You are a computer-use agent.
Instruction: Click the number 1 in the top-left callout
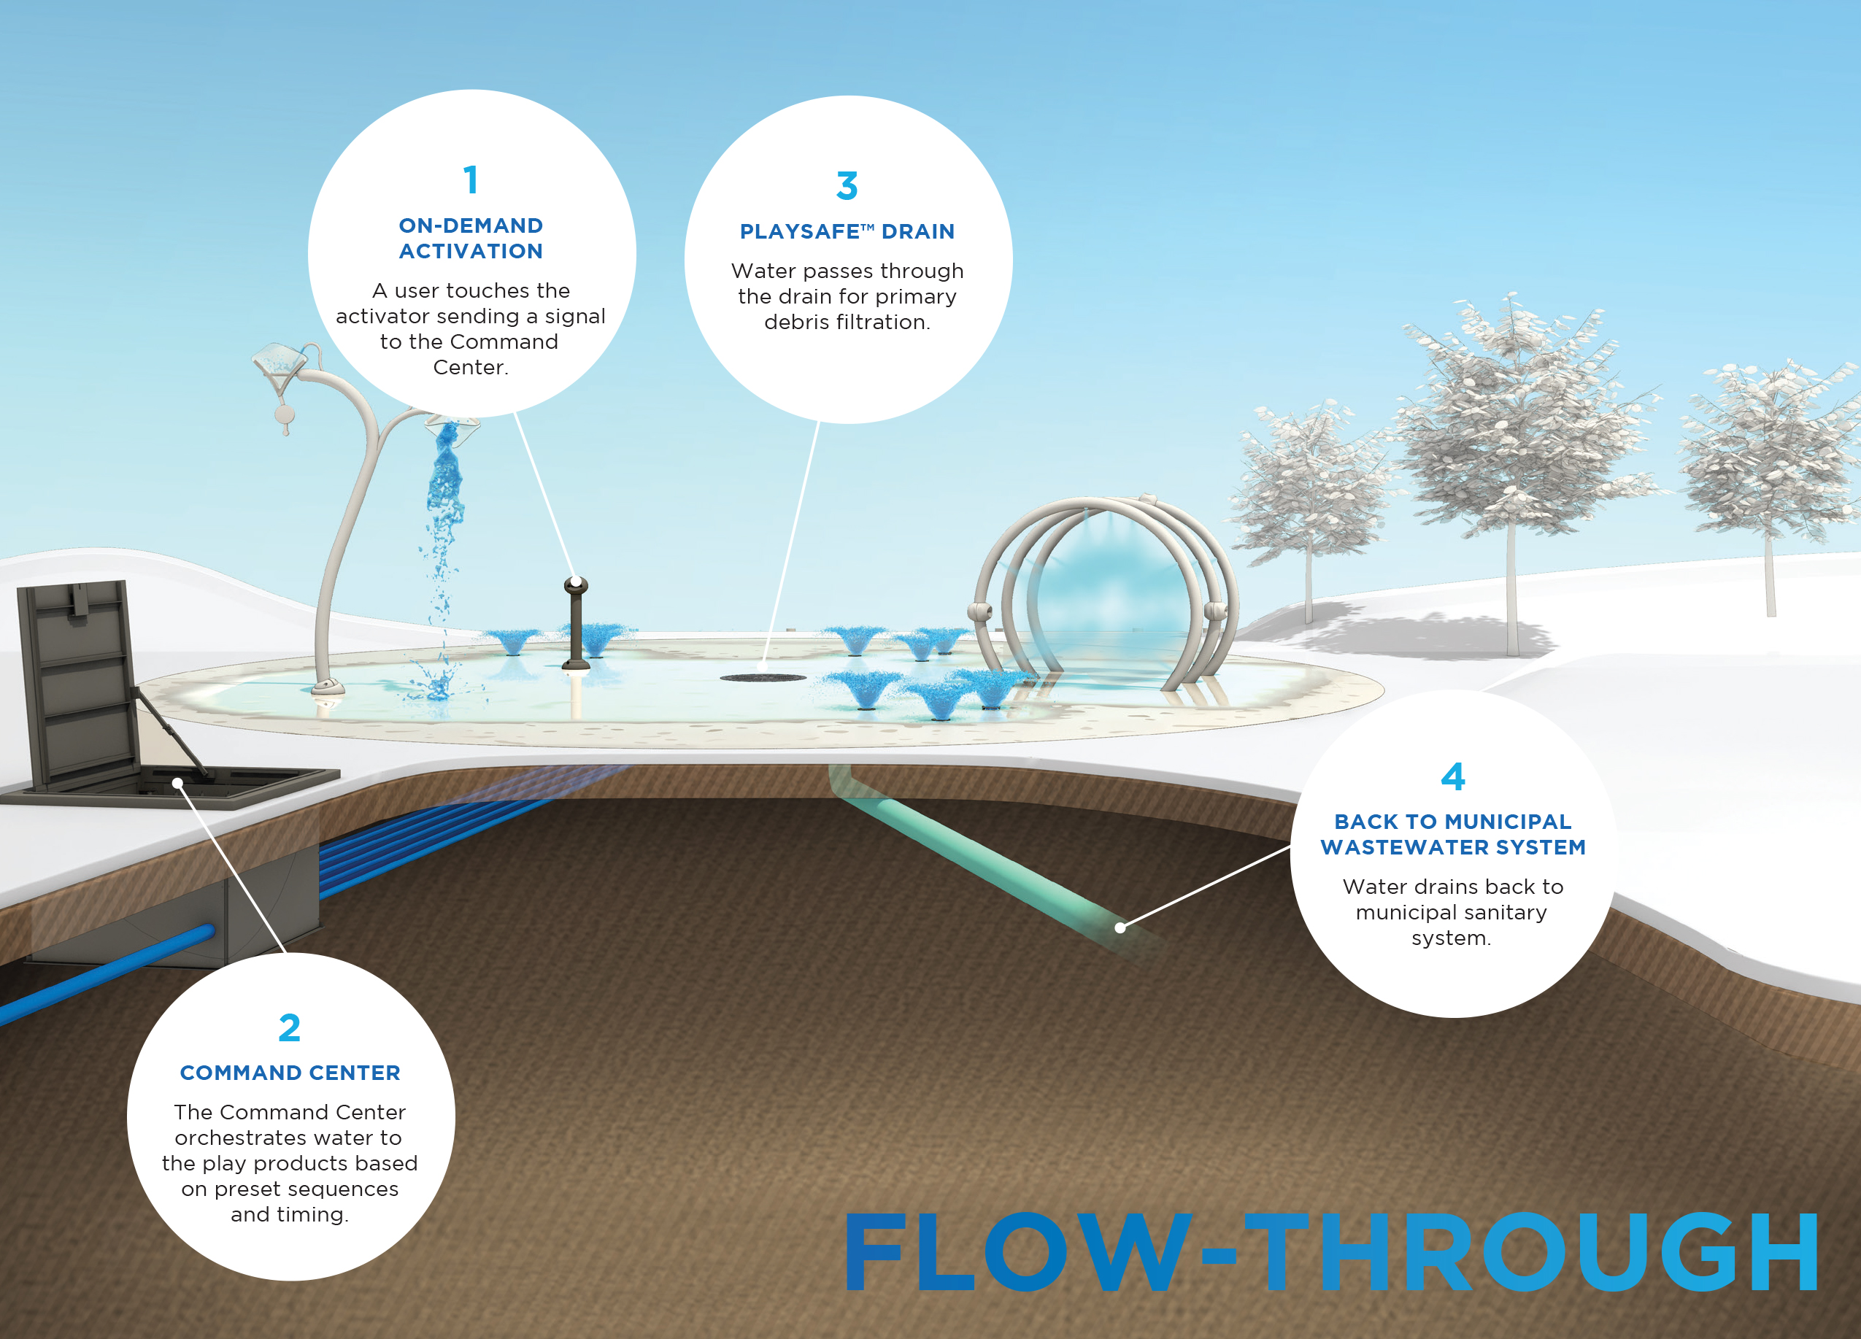point(471,180)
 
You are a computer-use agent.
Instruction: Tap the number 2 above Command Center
point(290,1028)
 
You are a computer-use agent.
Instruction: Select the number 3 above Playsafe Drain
point(847,186)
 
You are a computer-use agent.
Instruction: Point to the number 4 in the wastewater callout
point(1452,776)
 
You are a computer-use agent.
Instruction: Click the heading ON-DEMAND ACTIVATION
point(471,238)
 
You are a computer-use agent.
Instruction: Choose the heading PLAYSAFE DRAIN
point(847,231)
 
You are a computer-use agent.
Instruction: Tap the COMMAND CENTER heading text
point(290,1073)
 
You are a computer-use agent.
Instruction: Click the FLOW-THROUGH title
point(1333,1252)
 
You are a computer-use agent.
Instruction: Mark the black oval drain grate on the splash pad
point(763,678)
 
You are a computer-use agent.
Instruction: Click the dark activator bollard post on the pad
point(576,622)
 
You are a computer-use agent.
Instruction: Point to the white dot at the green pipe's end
point(1120,928)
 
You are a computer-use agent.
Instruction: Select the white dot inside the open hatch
point(177,784)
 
